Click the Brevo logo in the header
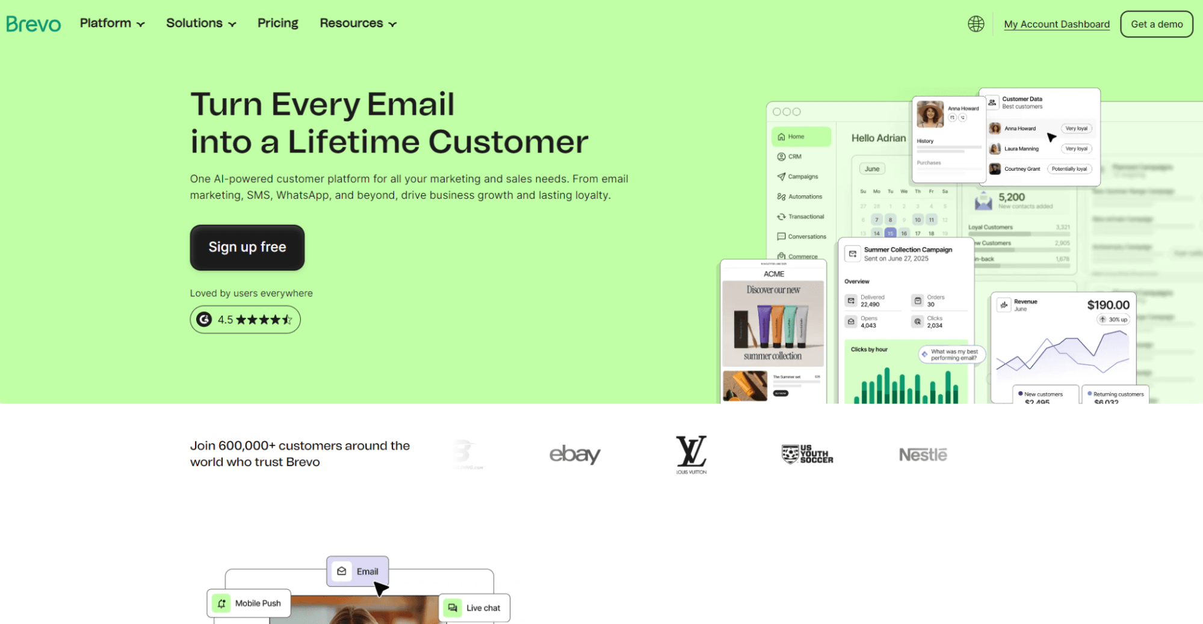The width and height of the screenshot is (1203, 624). tap(34, 24)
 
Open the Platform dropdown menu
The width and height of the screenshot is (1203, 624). tap(112, 23)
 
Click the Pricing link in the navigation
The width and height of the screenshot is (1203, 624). tap(277, 23)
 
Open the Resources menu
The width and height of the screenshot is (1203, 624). tap(358, 23)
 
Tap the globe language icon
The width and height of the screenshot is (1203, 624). tap(976, 24)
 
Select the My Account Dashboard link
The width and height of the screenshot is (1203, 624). tap(1056, 25)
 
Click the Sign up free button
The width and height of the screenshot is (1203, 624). tap(247, 247)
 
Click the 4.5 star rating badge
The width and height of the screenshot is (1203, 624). tap(245, 319)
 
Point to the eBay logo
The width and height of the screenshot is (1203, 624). tap(575, 454)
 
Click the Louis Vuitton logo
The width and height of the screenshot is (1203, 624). tap(691, 454)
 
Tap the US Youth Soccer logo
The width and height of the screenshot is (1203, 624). tap(807, 454)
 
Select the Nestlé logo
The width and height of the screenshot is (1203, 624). tap(923, 454)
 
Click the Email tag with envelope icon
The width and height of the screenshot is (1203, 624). tap(357, 571)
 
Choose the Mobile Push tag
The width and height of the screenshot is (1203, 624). tap(249, 603)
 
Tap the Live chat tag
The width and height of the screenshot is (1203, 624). tap(474, 608)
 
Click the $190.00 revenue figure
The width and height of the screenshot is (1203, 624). tap(1108, 305)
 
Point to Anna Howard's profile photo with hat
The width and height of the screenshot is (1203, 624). tap(930, 114)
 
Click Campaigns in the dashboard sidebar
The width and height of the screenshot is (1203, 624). tap(803, 177)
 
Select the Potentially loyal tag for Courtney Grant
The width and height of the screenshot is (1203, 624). tap(1069, 169)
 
